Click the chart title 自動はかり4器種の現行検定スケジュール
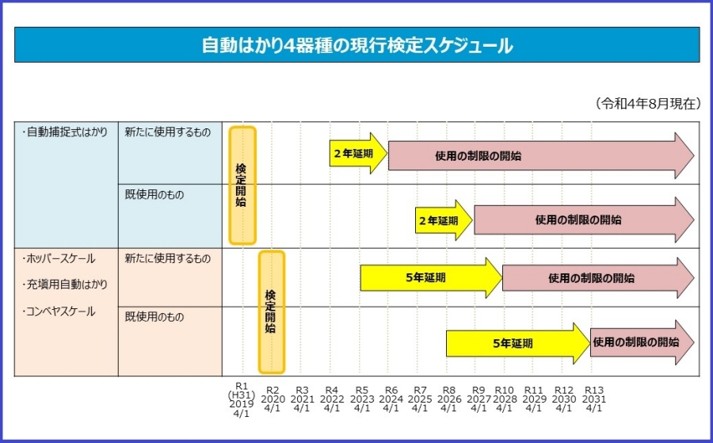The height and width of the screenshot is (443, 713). point(356,45)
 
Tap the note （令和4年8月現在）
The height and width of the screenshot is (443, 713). point(647,104)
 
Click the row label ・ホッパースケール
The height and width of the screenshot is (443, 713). point(59,258)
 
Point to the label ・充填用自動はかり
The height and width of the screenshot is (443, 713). point(64,285)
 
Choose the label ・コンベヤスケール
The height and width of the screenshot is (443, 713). point(59,311)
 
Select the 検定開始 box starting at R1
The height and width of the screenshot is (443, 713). point(242,185)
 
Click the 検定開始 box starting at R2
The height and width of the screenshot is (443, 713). point(271,311)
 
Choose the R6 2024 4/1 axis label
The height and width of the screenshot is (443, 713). point(391,399)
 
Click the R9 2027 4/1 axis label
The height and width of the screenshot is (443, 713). point(478,399)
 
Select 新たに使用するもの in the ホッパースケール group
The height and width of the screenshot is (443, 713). point(168,258)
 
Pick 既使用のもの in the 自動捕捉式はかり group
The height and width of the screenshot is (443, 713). point(154,194)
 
